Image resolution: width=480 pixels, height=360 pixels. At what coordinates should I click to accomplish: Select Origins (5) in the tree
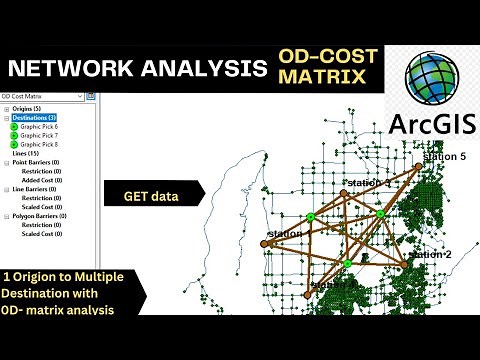click(x=24, y=108)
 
